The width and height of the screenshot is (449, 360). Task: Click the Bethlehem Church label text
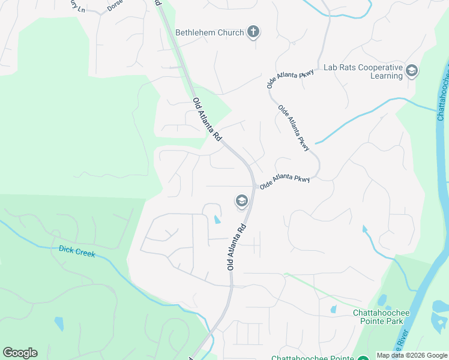pos(209,32)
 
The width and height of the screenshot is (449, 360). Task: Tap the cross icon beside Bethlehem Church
pos(253,32)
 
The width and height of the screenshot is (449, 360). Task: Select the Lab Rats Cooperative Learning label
pos(363,71)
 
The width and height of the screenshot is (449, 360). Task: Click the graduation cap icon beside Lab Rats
pos(412,71)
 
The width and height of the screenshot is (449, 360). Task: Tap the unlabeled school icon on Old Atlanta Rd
pos(241,201)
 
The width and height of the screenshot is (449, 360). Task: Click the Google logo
pos(20,353)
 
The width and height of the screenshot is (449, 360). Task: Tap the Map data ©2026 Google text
pos(412,355)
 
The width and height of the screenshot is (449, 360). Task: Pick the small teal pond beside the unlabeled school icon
pos(216,220)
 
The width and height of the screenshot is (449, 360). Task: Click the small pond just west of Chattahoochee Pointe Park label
pos(333,310)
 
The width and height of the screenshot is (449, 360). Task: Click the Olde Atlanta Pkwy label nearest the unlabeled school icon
pos(285,182)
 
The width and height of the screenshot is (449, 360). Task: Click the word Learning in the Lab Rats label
pos(386,76)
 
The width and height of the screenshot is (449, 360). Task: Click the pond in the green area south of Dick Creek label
pos(59,323)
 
